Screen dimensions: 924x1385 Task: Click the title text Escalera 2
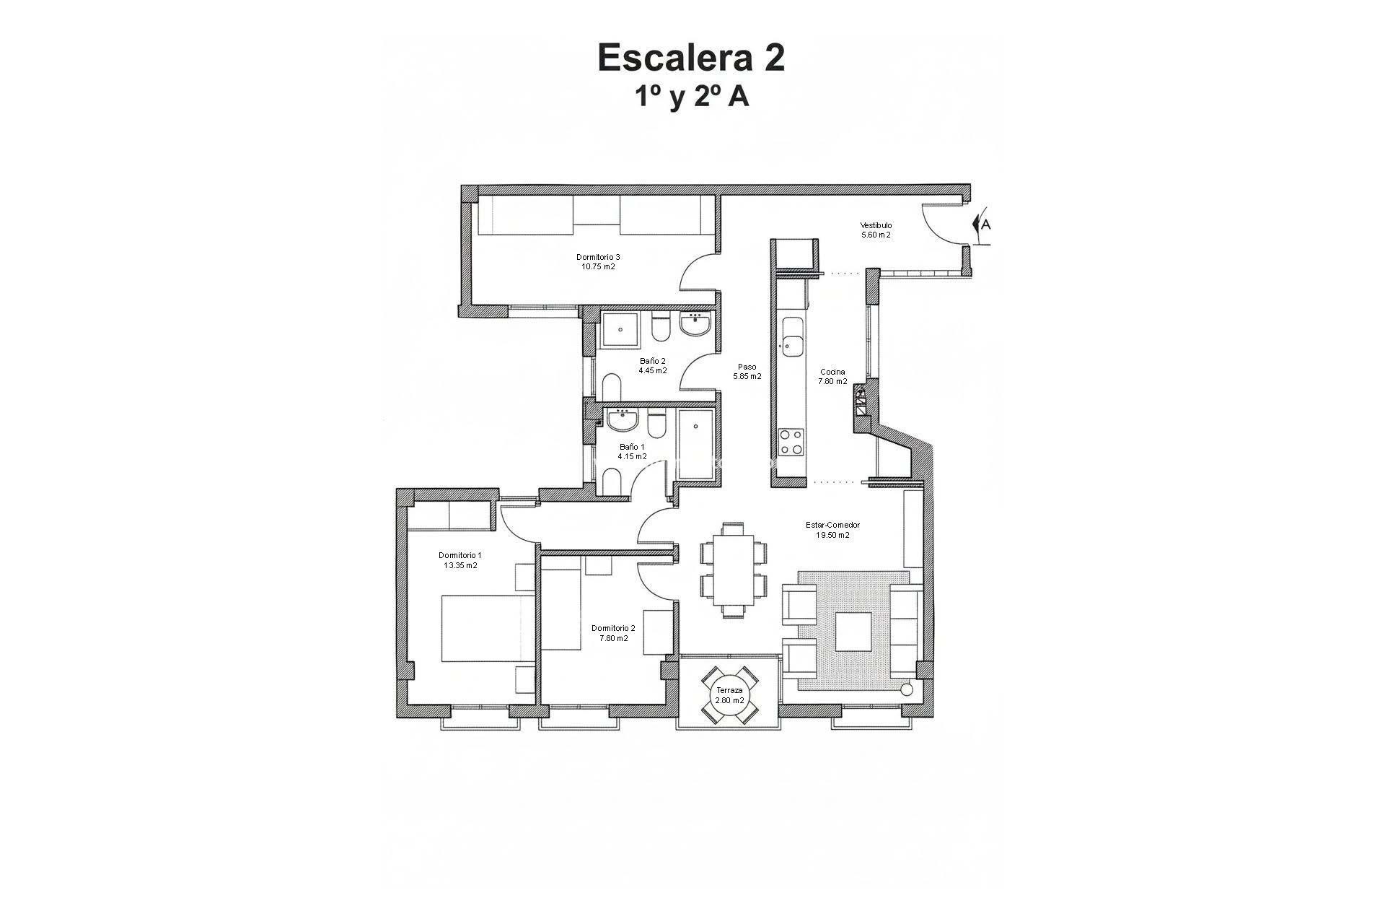(x=691, y=58)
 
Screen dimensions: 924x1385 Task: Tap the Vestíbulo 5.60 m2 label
(x=876, y=230)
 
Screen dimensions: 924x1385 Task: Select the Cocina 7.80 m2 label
(x=832, y=377)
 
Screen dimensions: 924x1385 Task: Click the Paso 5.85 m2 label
(x=747, y=371)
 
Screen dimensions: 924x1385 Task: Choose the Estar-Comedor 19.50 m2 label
(x=832, y=530)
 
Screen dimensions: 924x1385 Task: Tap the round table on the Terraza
(x=729, y=696)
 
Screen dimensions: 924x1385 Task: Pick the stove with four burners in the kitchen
(x=791, y=442)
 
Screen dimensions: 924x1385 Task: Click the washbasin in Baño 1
(x=621, y=420)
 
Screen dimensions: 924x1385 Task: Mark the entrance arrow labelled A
(x=982, y=225)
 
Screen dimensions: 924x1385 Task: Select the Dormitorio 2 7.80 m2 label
(x=612, y=633)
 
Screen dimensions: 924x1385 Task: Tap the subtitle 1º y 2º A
(x=691, y=97)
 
